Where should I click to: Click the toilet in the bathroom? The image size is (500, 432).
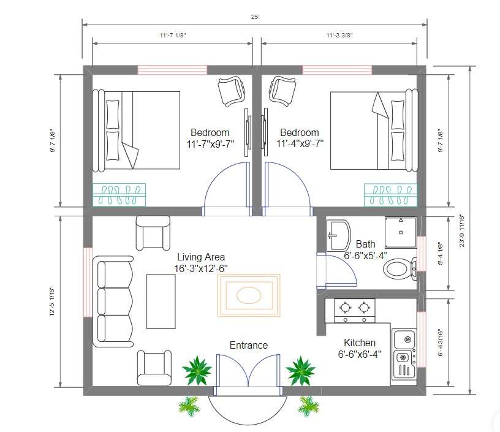point(400,269)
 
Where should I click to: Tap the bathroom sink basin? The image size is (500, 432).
point(339,235)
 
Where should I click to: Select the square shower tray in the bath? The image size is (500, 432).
point(401,232)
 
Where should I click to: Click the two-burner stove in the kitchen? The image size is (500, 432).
point(355,311)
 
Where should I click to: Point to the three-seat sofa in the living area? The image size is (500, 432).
point(113,301)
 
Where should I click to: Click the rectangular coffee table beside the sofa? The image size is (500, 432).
point(161,301)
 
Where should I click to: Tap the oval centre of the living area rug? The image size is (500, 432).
point(249,295)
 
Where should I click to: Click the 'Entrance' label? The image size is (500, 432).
point(249,345)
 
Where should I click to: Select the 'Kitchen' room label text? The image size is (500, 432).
point(360,343)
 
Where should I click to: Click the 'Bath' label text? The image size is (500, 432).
point(365,244)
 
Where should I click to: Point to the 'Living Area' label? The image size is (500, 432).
point(201,257)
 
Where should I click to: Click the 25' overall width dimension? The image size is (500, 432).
point(255,17)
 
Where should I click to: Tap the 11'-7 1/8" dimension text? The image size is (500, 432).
point(173,35)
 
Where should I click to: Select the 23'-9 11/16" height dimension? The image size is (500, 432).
point(462,232)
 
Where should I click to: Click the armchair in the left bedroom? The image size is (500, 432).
point(232,91)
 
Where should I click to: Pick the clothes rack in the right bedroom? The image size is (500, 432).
point(390,195)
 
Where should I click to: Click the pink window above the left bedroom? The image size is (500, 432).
point(172,70)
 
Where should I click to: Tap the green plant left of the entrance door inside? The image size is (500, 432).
point(197,371)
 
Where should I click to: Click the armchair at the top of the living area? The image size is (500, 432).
point(153,233)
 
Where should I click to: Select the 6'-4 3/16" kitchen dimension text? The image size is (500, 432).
point(441,343)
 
